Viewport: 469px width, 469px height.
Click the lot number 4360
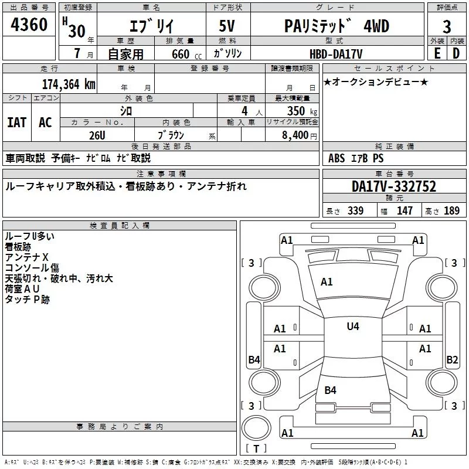point(29,25)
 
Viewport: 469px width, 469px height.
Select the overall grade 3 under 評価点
point(447,26)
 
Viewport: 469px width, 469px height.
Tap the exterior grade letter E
point(437,53)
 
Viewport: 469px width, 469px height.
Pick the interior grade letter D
point(456,53)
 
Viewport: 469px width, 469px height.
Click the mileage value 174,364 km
point(69,84)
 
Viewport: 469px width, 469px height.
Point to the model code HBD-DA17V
point(336,54)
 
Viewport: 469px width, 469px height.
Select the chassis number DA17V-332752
point(394,186)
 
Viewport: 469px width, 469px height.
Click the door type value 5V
point(227,26)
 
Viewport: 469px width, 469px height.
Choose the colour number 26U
point(97,135)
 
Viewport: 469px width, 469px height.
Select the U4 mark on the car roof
point(353,327)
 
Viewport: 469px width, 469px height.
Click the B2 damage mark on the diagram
point(452,359)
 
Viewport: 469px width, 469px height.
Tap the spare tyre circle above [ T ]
point(256,428)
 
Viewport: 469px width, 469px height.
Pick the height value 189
point(451,210)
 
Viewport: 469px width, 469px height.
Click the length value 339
point(355,210)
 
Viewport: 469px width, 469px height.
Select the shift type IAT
point(17,123)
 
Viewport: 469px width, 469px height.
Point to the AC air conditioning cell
point(46,123)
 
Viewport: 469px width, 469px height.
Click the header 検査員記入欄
point(120,226)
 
